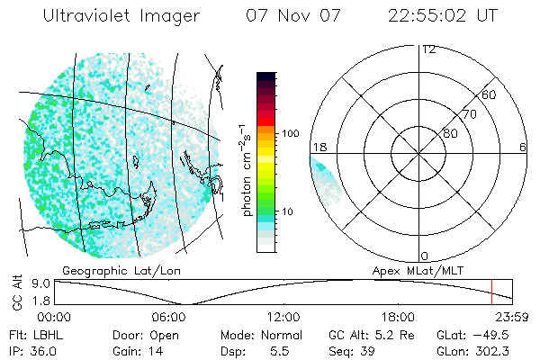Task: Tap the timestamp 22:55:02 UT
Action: pos(445,16)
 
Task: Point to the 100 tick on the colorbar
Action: pos(290,133)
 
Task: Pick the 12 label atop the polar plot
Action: pos(428,49)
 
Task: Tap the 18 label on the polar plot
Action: pos(319,147)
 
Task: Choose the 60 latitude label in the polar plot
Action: pos(490,94)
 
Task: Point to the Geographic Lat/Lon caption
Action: pos(108,270)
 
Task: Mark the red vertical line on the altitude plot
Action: pos(491,292)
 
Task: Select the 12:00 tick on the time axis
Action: pos(283,317)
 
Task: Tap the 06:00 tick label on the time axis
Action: pos(169,317)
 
